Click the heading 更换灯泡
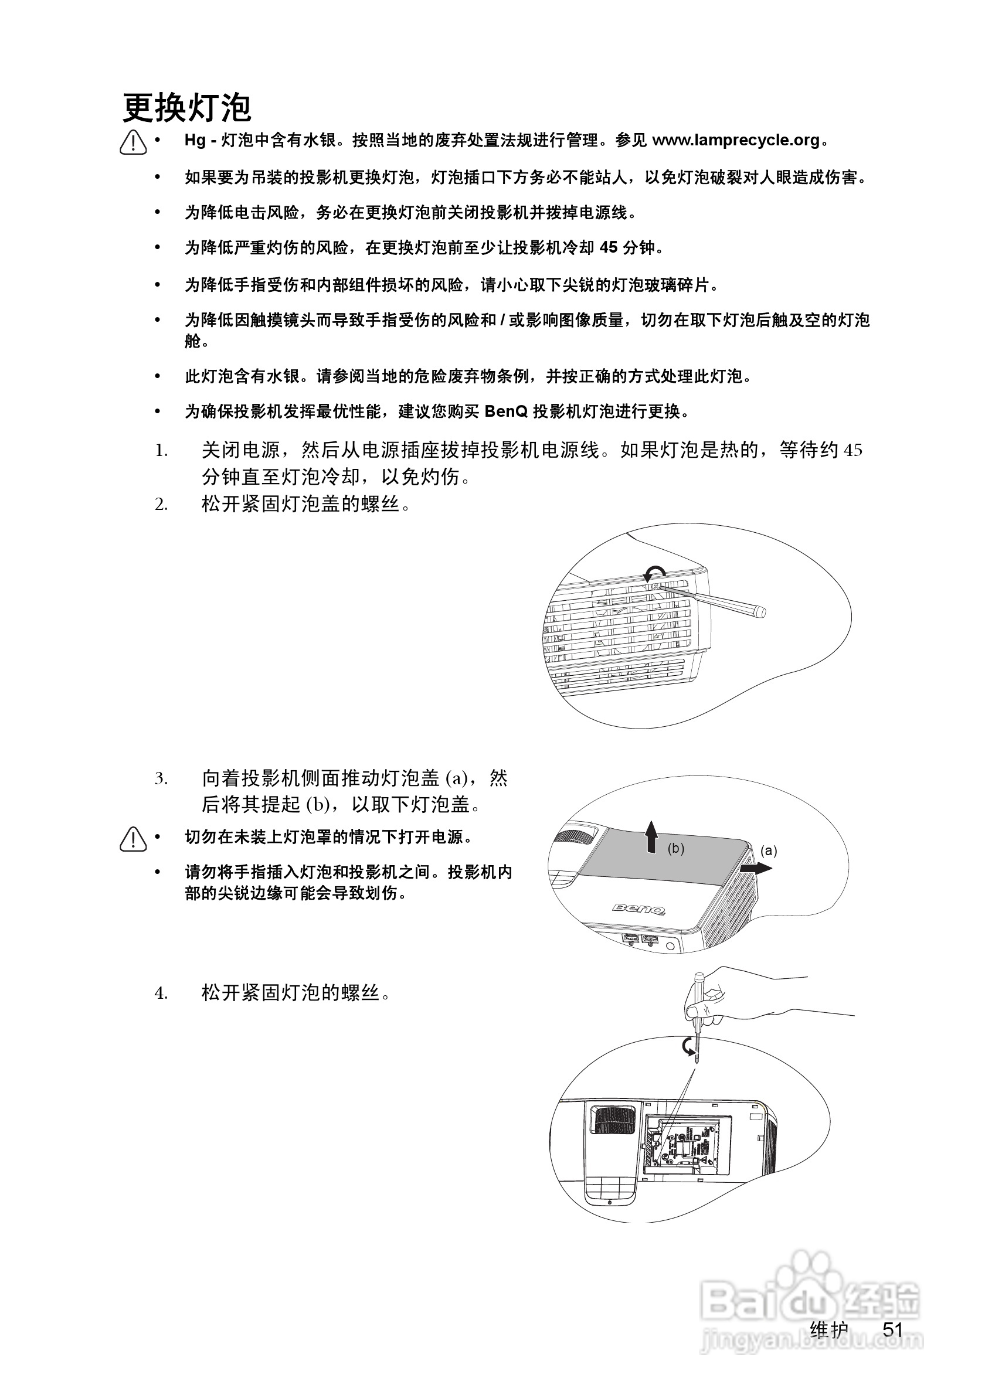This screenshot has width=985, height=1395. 186,109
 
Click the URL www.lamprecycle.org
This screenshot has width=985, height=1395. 736,140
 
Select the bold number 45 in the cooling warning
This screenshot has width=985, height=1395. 608,247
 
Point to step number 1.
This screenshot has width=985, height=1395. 161,451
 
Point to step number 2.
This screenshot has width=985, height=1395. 161,504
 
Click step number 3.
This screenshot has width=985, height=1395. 161,778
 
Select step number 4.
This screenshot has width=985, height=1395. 161,993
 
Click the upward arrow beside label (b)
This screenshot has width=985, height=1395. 651,836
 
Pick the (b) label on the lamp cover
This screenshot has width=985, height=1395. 675,848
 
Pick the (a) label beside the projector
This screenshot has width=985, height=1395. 769,850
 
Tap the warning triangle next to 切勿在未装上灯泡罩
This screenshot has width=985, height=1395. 133,840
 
